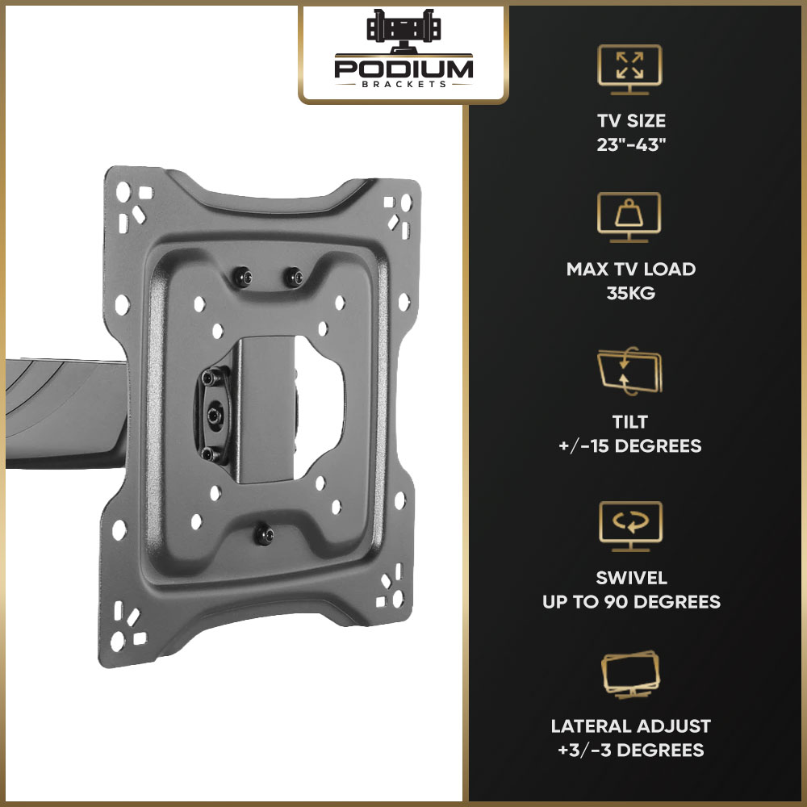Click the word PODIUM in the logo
[x=403, y=69]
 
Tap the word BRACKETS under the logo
[x=404, y=85]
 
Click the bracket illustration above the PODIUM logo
[x=403, y=29]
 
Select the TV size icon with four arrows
[x=629, y=69]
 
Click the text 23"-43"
[x=631, y=144]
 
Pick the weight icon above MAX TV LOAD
[x=629, y=217]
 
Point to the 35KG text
[x=630, y=293]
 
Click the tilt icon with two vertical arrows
[x=629, y=370]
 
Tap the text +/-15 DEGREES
[x=630, y=445]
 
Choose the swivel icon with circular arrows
[x=630, y=526]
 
